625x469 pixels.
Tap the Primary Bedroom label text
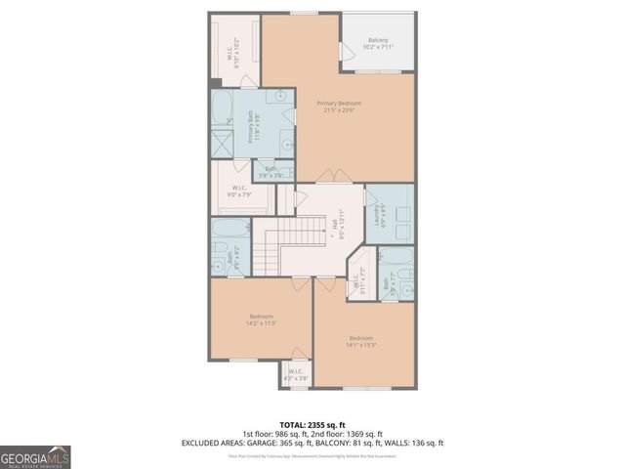point(338,107)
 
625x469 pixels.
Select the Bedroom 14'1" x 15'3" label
point(360,342)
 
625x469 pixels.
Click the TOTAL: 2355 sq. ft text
point(312,423)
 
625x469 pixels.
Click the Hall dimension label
point(337,228)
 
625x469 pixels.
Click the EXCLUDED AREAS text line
point(312,443)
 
